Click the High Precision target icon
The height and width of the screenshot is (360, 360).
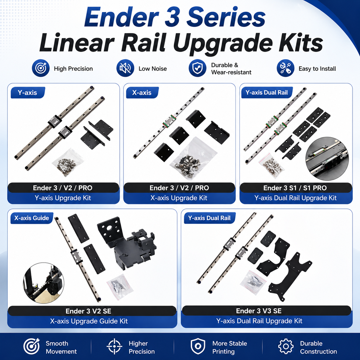[x=41, y=68]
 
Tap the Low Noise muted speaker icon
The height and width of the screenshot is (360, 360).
[x=125, y=68]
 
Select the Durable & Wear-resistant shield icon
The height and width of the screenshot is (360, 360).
[x=198, y=68]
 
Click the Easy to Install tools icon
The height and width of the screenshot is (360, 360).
[x=285, y=68]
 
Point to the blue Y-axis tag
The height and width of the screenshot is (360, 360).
[x=28, y=93]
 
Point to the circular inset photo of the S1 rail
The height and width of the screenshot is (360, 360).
[x=327, y=159]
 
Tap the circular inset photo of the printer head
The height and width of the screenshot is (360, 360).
[x=44, y=283]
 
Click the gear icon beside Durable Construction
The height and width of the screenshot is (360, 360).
[x=286, y=347]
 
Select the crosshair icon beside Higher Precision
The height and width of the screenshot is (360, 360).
[x=114, y=346]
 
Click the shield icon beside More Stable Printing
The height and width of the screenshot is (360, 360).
[x=198, y=346]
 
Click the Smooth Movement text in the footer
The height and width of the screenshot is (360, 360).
[x=61, y=347]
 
